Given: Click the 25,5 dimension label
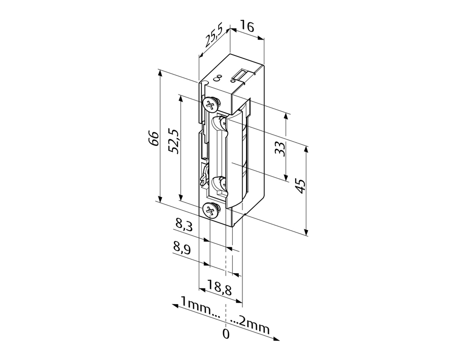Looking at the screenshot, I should tap(213, 39).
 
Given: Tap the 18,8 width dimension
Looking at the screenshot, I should tap(220, 290).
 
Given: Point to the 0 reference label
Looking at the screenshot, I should tap(226, 334).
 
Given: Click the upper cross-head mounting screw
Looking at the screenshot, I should tap(210, 105).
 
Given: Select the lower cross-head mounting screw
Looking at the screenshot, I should tap(210, 210).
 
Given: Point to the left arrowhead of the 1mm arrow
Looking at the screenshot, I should tap(174, 305).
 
